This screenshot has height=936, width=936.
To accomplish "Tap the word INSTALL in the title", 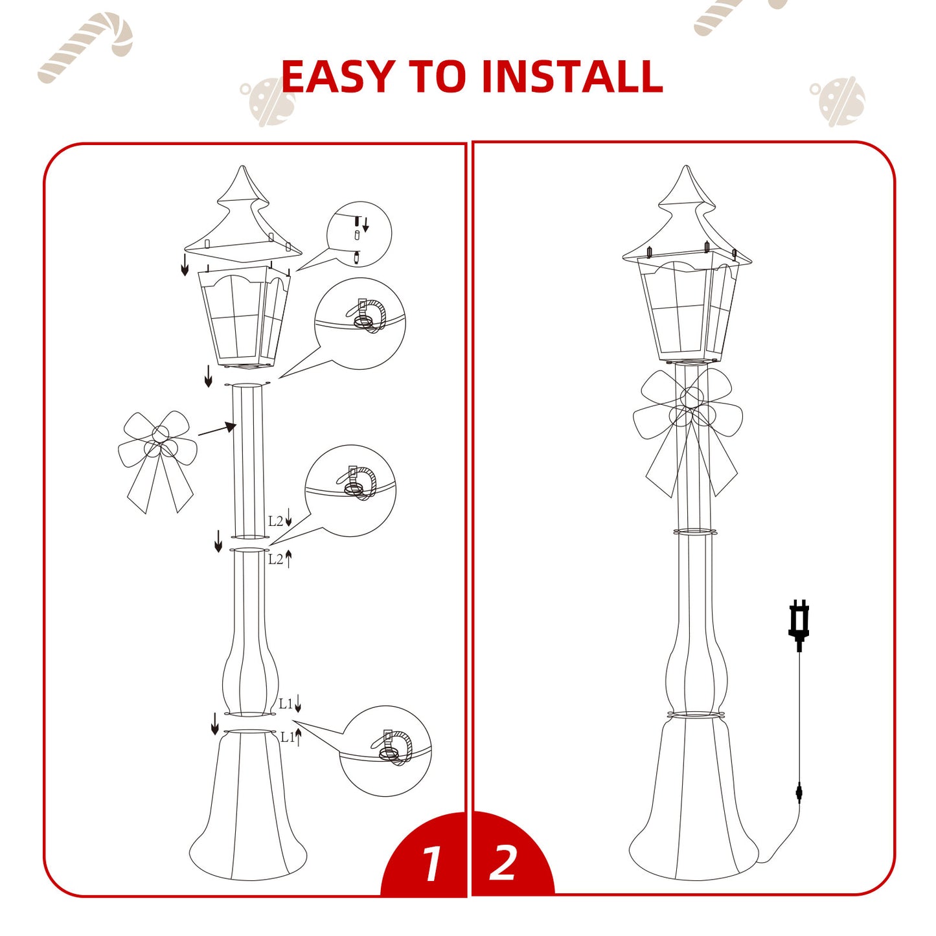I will [x=572, y=76].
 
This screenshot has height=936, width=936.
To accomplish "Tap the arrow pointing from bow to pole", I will [x=216, y=429].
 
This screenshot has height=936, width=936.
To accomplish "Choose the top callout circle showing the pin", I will [x=360, y=234].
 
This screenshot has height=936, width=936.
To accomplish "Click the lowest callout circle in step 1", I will [x=385, y=751].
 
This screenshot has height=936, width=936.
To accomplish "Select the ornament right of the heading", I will [x=839, y=101].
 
